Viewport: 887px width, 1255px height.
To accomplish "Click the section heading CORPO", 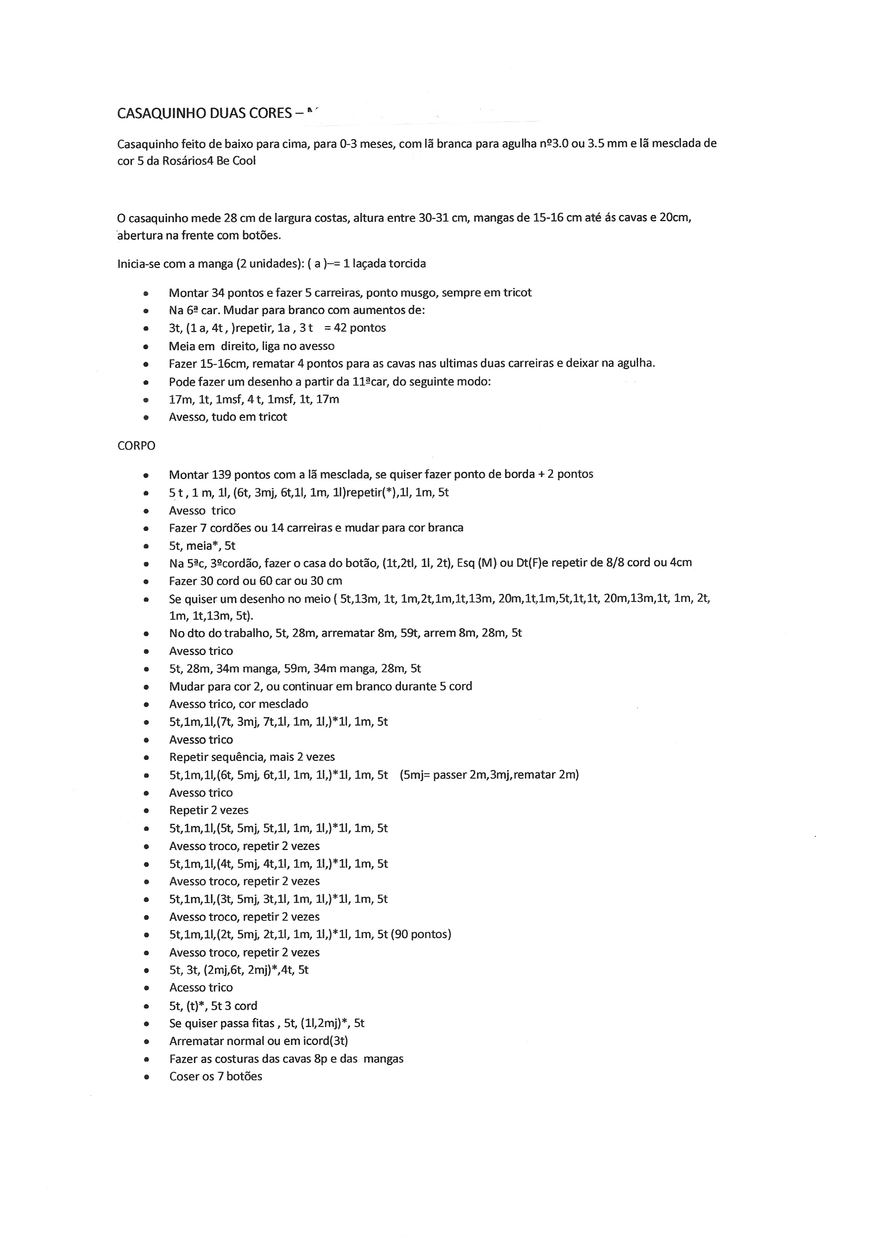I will (x=136, y=445).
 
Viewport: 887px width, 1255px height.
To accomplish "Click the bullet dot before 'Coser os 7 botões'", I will (x=145, y=1077).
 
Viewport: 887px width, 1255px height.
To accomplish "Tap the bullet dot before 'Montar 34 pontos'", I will (x=145, y=293).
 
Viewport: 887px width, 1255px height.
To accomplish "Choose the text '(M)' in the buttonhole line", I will (x=486, y=562).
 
